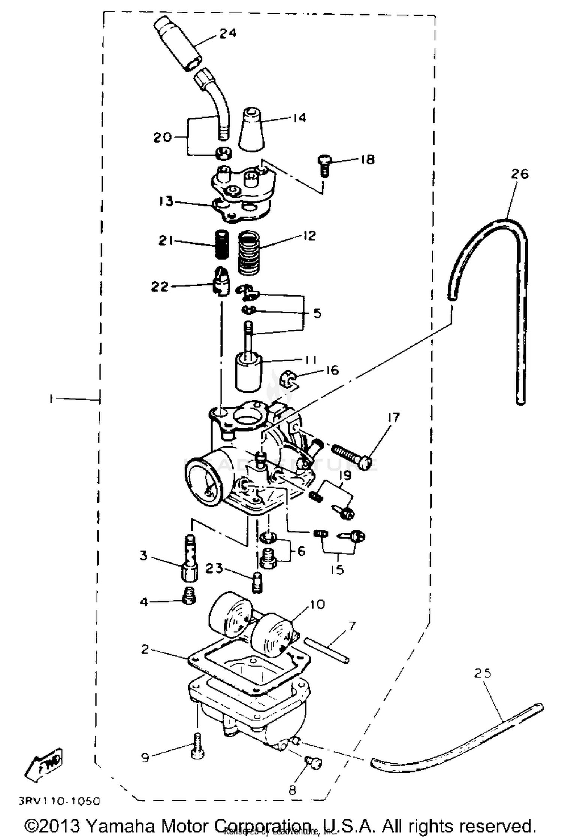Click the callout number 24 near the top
227,33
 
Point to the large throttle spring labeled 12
249,253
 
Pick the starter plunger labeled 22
221,282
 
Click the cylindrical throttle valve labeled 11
248,373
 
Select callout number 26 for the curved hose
519,174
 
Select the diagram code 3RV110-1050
59,801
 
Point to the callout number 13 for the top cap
166,201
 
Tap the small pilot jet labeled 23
257,582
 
